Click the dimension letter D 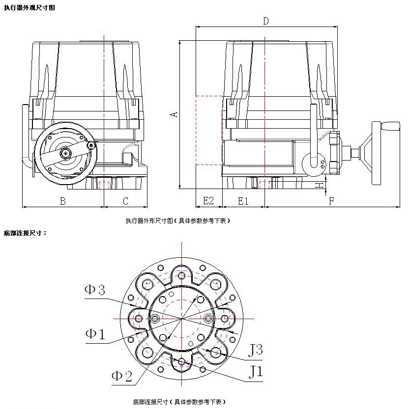pos(265,21)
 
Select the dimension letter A pos(174,114)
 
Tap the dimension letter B pos(63,201)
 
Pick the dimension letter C pos(126,201)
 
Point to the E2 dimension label pos(208,201)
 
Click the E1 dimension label pos(243,201)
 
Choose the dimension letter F pos(332,201)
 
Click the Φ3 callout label pos(95,290)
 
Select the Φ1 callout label pos(95,334)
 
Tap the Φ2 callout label pos(122,377)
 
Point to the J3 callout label pos(255,350)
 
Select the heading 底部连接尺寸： pos(25,232)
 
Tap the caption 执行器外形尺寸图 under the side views pos(177,221)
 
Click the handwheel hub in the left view pos(65,154)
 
